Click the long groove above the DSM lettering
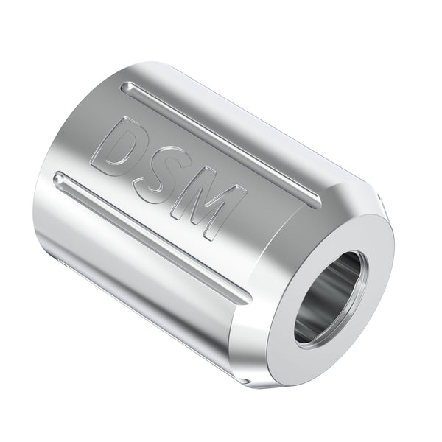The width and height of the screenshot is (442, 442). [x=221, y=143]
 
